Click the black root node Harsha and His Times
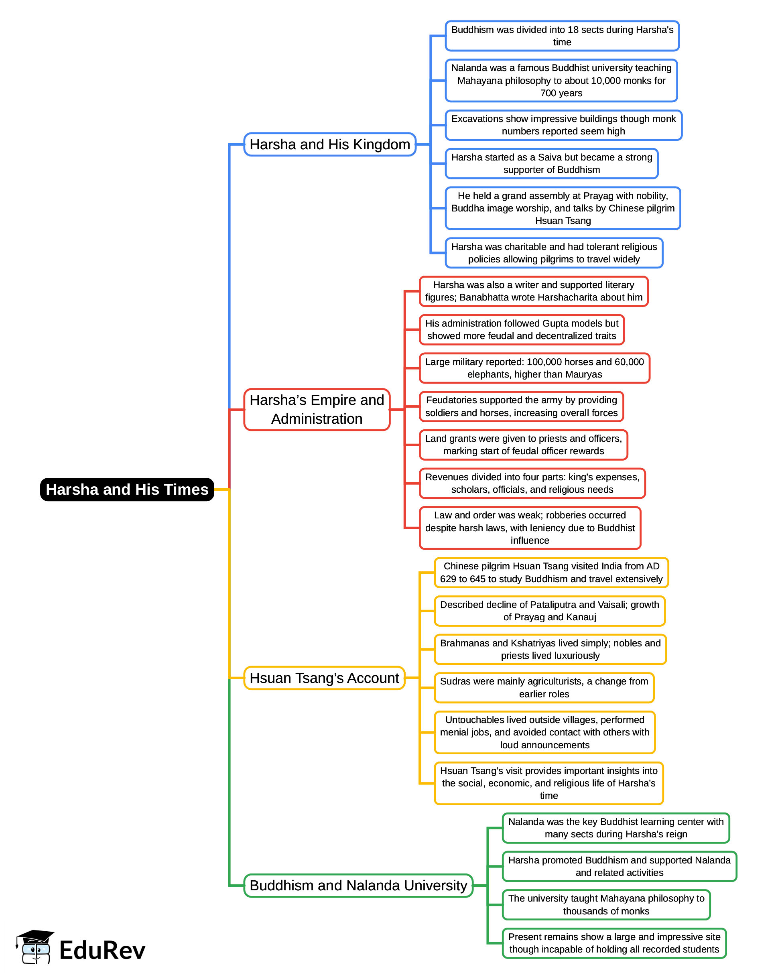[x=127, y=489]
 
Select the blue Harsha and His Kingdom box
[x=330, y=144]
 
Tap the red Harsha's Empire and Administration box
[x=317, y=409]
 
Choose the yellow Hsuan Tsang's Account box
[x=324, y=678]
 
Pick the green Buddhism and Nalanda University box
[x=358, y=885]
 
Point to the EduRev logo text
[x=102, y=950]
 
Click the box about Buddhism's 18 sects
[x=562, y=36]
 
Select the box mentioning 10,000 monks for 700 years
[x=561, y=80]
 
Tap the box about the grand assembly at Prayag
[x=562, y=208]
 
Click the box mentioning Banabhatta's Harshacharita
[x=533, y=291]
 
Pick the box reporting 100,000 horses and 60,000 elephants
[x=534, y=368]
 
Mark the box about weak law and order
[x=530, y=528]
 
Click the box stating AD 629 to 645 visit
[x=551, y=572]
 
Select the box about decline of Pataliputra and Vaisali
[x=549, y=611]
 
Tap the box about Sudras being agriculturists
[x=544, y=687]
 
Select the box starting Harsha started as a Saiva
[x=551, y=163]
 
